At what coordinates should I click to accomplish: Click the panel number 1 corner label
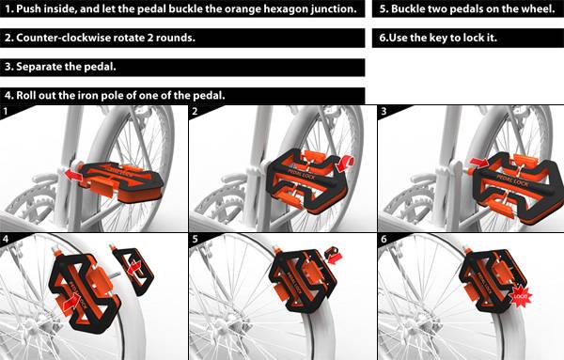(x=5, y=111)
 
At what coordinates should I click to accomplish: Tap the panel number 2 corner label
(x=195, y=111)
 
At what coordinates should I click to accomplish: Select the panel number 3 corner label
(x=384, y=111)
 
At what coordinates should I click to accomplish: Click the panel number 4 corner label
(x=6, y=239)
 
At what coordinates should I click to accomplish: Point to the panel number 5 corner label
(x=195, y=239)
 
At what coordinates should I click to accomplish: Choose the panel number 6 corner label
(x=384, y=239)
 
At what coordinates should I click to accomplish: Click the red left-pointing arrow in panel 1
(x=74, y=176)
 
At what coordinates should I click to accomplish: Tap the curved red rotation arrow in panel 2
(x=346, y=163)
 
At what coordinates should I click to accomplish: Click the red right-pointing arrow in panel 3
(x=478, y=163)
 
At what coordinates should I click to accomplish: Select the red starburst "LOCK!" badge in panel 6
(x=521, y=296)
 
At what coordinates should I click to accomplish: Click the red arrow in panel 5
(x=335, y=258)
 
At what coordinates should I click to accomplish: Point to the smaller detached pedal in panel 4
(x=133, y=269)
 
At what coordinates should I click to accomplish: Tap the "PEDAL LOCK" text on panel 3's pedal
(x=513, y=180)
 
